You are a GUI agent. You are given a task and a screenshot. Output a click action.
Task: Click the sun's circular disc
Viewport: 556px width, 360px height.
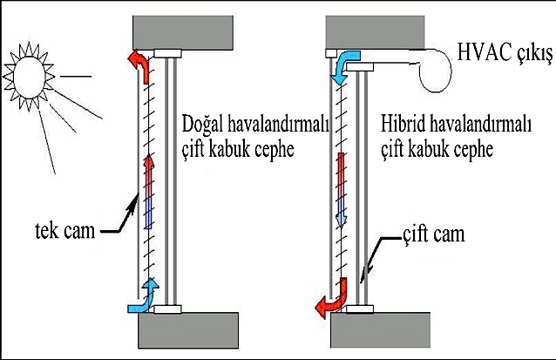pyautogui.click(x=32, y=72)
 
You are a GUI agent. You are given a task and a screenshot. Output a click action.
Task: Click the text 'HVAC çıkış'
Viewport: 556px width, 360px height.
pyautogui.click(x=505, y=56)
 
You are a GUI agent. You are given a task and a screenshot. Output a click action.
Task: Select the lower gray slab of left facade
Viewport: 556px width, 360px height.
pyautogui.click(x=185, y=331)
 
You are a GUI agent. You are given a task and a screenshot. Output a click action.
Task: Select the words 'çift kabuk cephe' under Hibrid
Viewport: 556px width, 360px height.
pyautogui.click(x=438, y=149)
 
